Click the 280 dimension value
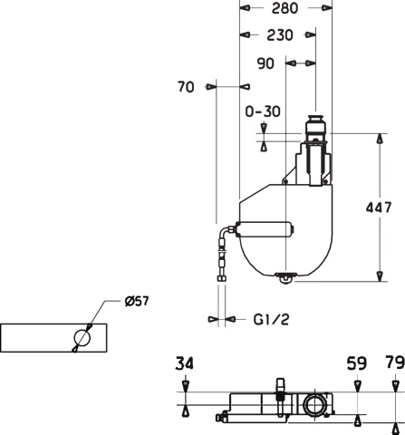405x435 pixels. [284, 8]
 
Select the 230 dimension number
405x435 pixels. [280, 35]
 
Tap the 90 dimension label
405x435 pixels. [265, 63]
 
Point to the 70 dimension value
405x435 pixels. [186, 87]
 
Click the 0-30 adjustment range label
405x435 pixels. [263, 111]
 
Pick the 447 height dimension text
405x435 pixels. [379, 208]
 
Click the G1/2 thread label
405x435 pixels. [271, 319]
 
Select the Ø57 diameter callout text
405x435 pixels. [137, 301]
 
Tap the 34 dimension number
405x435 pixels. [184, 363]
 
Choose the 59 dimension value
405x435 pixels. [356, 363]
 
